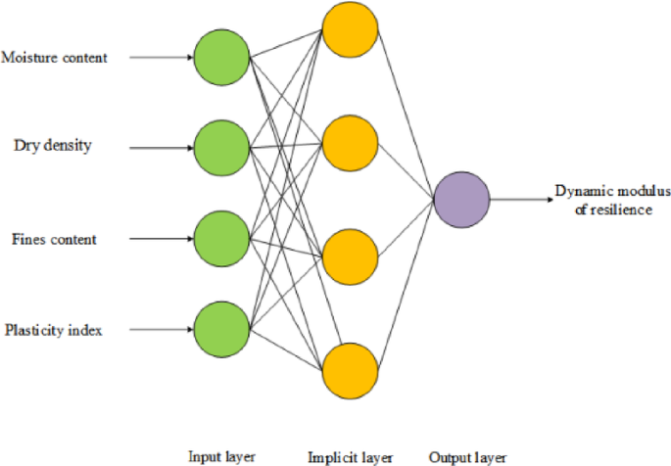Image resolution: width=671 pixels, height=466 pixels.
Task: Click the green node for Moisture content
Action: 221,58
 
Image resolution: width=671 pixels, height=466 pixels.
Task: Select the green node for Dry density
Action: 221,148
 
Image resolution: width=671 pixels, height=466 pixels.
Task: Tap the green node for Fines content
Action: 221,239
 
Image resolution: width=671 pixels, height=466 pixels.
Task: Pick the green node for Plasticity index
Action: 221,330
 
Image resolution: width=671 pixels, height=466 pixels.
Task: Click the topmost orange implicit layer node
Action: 351,29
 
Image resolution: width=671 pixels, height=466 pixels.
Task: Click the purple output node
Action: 462,199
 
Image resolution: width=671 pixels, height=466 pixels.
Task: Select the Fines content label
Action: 54,239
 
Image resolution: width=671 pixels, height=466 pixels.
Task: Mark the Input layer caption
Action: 222,455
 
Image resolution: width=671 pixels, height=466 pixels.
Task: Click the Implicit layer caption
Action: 350,455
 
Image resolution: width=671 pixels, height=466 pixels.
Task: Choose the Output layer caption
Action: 466,455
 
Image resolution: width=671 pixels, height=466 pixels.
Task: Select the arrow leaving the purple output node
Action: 519,199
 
